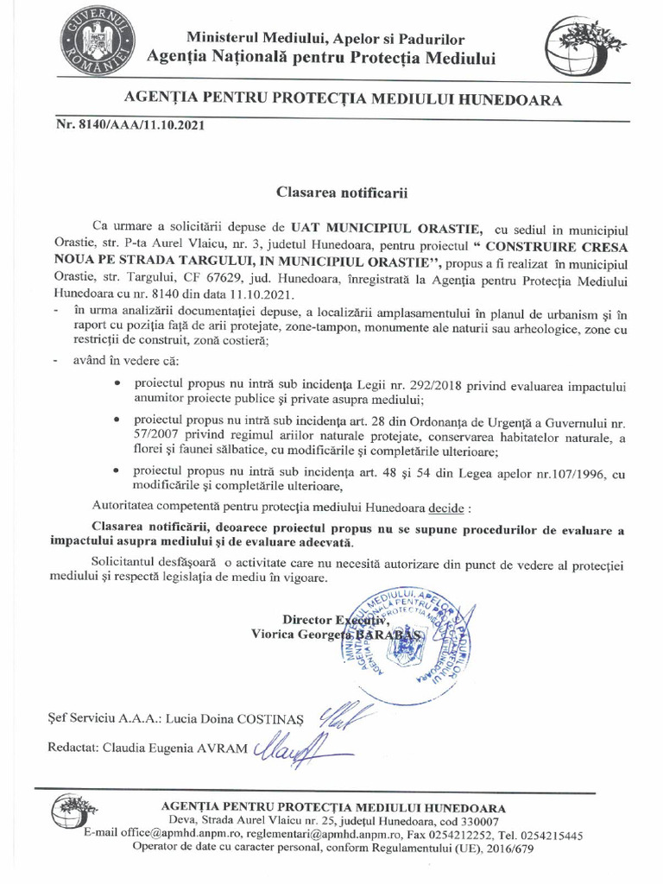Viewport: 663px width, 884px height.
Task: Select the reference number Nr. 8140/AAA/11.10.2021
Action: [x=130, y=125]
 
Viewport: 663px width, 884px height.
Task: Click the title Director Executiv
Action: [x=337, y=619]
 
